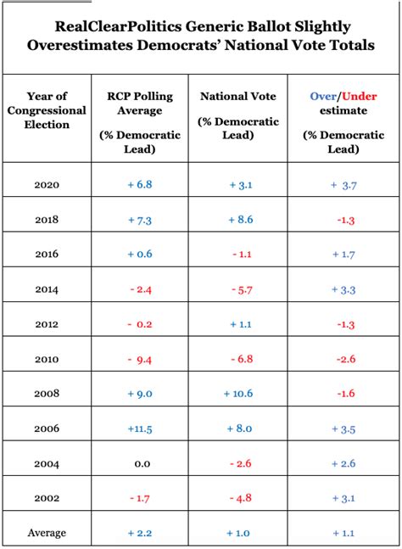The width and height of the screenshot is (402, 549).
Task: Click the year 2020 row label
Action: (47, 184)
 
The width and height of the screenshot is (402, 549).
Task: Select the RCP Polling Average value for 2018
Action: (139, 219)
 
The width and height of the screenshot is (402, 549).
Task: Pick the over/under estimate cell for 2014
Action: (343, 289)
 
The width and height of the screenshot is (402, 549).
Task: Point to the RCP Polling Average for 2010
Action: (139, 359)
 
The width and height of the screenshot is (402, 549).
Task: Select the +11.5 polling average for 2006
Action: (139, 429)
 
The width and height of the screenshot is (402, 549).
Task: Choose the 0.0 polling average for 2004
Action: (139, 463)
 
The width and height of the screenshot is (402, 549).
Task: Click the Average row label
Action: (47, 533)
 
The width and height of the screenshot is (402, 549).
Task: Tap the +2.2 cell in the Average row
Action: (139, 533)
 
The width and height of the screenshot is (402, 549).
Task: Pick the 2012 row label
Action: (47, 324)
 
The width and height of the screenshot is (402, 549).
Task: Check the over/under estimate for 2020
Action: (343, 184)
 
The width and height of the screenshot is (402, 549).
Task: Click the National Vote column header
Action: (239, 96)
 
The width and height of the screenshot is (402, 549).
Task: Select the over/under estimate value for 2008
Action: (343, 394)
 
